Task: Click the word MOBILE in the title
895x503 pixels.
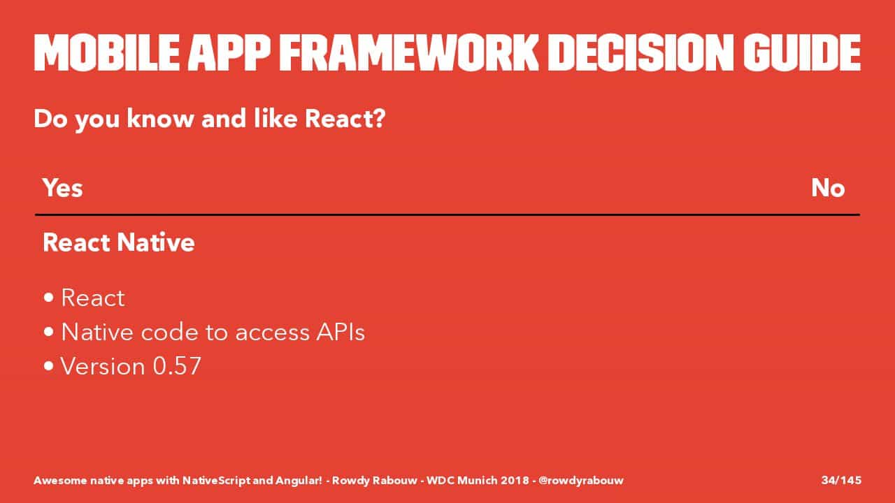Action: tap(107, 52)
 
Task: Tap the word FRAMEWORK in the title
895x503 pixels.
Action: tap(409, 52)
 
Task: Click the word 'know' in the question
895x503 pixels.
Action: tap(160, 119)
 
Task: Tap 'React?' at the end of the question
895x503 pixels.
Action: tap(345, 119)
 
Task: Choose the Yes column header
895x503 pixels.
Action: tap(63, 188)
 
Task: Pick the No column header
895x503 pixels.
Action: tap(828, 188)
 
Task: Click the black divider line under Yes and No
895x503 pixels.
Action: tap(447, 214)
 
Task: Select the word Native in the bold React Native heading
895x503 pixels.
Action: tap(156, 242)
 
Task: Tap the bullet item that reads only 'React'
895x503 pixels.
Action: tap(93, 298)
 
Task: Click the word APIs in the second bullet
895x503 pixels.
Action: tap(341, 332)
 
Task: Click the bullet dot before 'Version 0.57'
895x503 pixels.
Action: tap(49, 366)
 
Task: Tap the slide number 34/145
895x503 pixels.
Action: tap(841, 480)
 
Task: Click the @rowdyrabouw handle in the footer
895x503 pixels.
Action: tap(581, 480)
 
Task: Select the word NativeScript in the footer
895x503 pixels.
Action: tap(217, 480)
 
